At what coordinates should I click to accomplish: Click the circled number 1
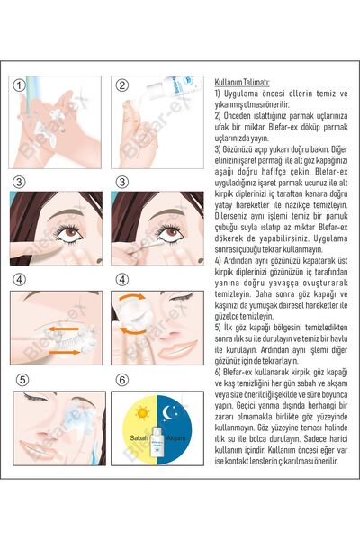(x=19, y=85)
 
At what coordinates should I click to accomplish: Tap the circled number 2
(x=123, y=85)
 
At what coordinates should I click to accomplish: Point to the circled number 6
(x=122, y=379)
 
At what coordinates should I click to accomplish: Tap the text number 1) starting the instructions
(x=218, y=93)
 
